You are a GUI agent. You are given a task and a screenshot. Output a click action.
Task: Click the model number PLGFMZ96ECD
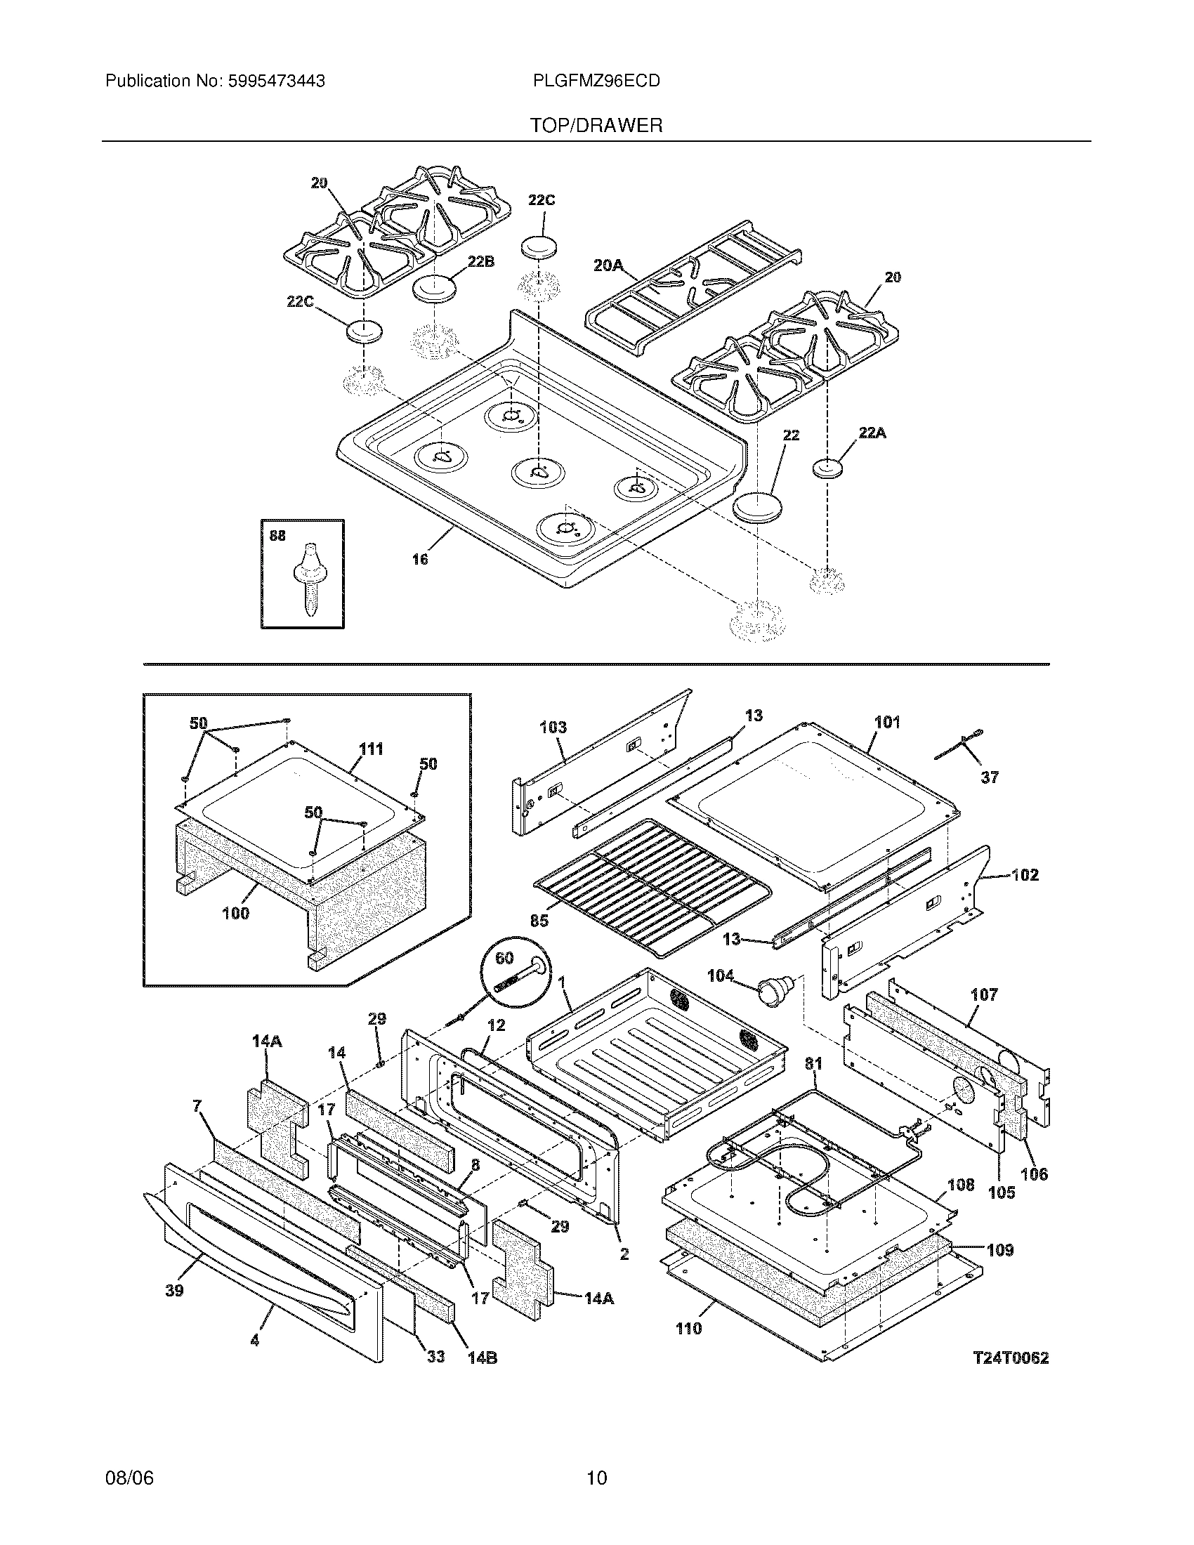click(x=596, y=81)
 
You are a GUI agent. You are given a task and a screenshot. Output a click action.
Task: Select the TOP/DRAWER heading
click(x=596, y=126)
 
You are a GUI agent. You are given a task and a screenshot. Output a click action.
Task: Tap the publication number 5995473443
click(x=276, y=81)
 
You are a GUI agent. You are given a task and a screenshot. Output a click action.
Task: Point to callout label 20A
click(x=608, y=265)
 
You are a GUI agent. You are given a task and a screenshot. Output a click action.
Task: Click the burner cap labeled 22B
click(x=432, y=289)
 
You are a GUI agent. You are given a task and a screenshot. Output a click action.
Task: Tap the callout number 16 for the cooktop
click(x=420, y=560)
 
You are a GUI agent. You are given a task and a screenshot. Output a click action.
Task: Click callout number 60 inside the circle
click(x=504, y=958)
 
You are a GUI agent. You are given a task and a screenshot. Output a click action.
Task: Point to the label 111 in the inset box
click(x=371, y=749)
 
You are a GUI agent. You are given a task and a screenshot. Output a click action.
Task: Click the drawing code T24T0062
click(x=1010, y=1357)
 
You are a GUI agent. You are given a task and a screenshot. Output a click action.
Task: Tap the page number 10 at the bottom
click(x=596, y=1478)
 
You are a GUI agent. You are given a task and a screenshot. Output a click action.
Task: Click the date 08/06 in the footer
click(x=129, y=1478)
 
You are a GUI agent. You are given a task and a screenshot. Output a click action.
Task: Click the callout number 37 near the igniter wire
click(x=990, y=777)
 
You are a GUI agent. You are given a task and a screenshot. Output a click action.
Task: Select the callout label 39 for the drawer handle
click(x=174, y=1290)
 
